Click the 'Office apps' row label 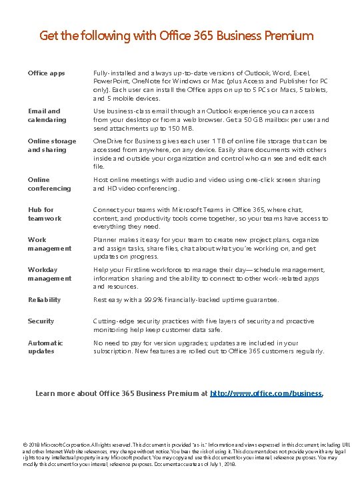point(46,73)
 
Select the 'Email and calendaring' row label point(43,115)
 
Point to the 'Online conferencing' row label point(49,184)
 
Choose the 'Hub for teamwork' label point(45,214)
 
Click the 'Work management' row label point(49,244)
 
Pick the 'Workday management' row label point(49,274)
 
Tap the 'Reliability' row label point(44,300)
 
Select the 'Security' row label point(41,321)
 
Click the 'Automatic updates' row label point(45,347)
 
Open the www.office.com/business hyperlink point(266,393)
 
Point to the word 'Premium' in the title point(289,35)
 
